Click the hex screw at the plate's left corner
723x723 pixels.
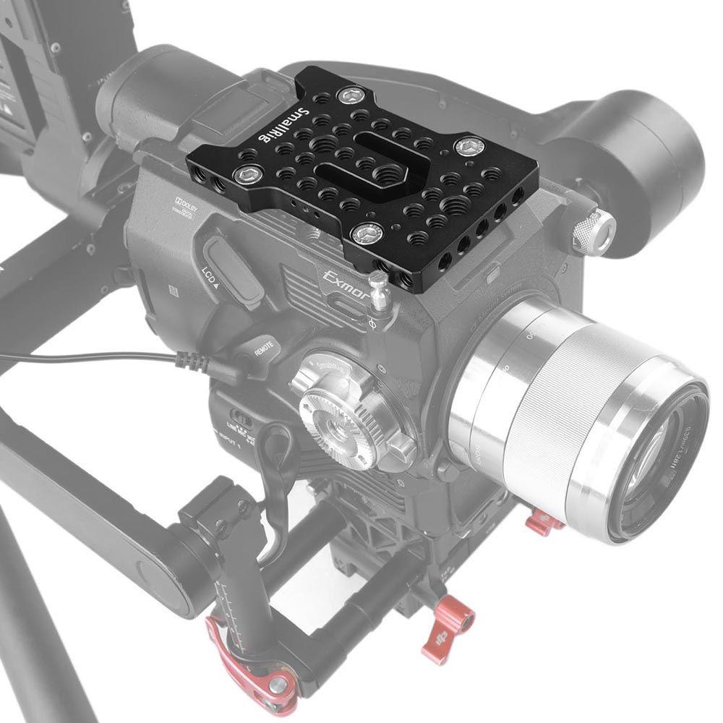tap(250, 174)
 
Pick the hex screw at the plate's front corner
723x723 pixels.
tap(367, 233)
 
